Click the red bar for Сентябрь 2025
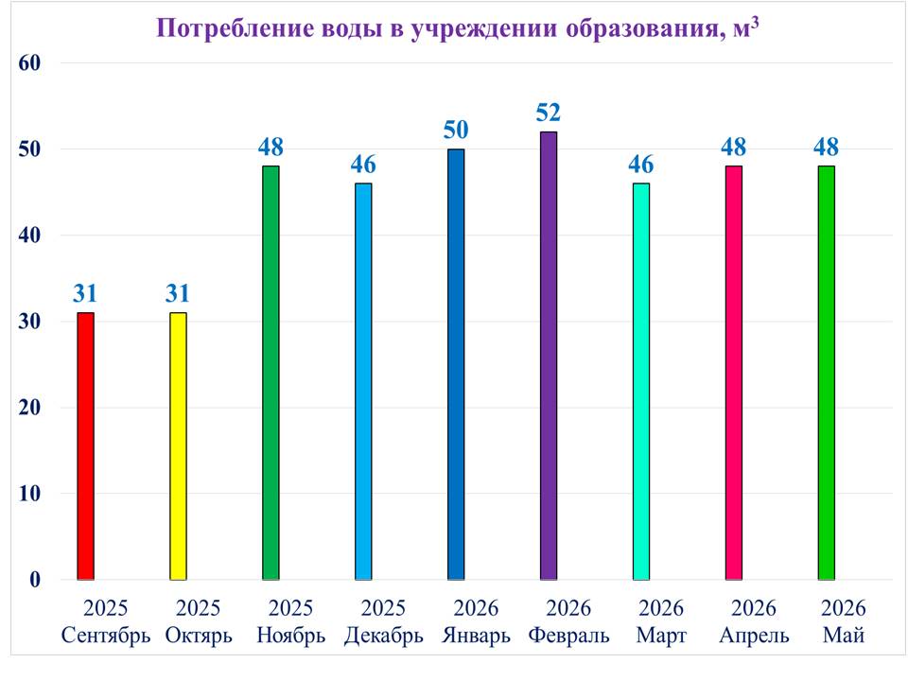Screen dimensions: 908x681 coord(86,445)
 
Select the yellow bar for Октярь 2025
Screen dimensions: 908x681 coord(179,445)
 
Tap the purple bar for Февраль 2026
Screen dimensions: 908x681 coord(549,356)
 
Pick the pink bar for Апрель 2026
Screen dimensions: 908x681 coord(734,373)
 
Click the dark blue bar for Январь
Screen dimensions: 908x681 coord(456,364)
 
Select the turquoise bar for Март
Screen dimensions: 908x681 coord(641,381)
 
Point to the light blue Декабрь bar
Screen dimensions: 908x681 coord(363,381)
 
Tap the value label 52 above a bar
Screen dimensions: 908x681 coord(549,113)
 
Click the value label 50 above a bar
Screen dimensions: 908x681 coord(456,130)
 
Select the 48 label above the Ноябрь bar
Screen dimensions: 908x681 coord(271,148)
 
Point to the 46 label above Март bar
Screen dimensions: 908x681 coord(641,165)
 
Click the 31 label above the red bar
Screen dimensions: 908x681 coord(85,293)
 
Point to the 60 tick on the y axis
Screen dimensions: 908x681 coord(29,63)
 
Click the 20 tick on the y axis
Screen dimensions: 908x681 coord(29,408)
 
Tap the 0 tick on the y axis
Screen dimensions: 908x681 coord(35,580)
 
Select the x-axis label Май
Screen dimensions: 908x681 coord(844,636)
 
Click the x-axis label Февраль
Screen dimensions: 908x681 coord(568,636)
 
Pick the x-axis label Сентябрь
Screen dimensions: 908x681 coord(106,636)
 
